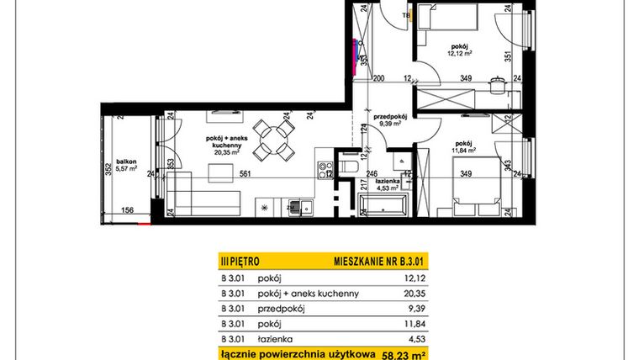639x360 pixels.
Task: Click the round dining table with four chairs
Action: [272, 140]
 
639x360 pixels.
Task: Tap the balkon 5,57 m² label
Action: [127, 166]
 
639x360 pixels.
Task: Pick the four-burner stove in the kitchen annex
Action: [323, 169]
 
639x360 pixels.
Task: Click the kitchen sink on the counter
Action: [295, 205]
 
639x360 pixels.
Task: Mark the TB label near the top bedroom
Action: [406, 15]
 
